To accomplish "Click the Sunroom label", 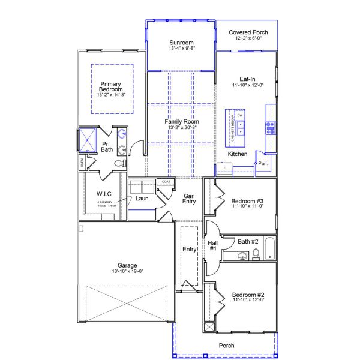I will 181,43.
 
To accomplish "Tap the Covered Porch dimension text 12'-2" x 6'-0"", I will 248,39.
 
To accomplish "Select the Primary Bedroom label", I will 111,86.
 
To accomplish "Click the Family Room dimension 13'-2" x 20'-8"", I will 182,128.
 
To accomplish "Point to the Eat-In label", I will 248,79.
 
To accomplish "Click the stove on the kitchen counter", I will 270,127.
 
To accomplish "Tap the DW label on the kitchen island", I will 240,115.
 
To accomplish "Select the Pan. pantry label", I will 263,163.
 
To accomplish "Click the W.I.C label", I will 104,193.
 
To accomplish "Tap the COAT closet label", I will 166,182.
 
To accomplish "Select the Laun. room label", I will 142,198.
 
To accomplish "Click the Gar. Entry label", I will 189,199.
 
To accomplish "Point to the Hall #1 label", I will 212,245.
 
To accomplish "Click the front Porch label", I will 226,346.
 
